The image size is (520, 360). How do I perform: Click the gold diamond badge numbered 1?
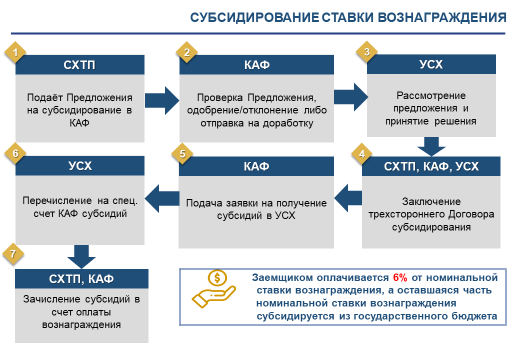pyautogui.click(x=15, y=52)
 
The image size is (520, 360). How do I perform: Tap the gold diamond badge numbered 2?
pyautogui.click(x=186, y=52)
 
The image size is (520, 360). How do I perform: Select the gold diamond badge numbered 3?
pyautogui.click(x=366, y=51)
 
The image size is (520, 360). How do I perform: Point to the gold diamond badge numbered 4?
pyautogui.click(x=362, y=154)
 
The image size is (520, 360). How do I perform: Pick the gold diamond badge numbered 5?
pyautogui.click(x=182, y=154)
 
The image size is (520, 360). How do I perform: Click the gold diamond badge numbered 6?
pyautogui.click(x=15, y=153)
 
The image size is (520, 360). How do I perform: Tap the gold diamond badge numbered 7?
pyautogui.click(x=13, y=254)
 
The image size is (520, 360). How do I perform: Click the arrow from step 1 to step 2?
pyautogui.click(x=162, y=100)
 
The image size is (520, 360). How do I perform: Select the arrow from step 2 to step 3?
pyautogui.click(x=351, y=97)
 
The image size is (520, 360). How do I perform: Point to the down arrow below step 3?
pyautogui.click(x=431, y=146)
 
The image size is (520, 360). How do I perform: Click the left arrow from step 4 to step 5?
pyautogui.click(x=348, y=198)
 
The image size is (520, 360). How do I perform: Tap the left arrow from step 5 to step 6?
pyautogui.click(x=162, y=198)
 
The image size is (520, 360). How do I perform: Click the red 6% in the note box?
pyautogui.click(x=400, y=277)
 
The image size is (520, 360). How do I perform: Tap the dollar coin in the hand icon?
pyautogui.click(x=217, y=278)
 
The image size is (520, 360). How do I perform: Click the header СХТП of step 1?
pyautogui.click(x=79, y=65)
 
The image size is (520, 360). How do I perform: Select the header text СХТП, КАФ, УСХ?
pyautogui.click(x=431, y=166)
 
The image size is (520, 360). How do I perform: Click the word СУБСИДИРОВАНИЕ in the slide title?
pyautogui.click(x=254, y=17)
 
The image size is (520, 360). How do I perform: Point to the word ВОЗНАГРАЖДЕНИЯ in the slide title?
pyautogui.click(x=442, y=17)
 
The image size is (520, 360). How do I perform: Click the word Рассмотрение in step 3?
pyautogui.click(x=431, y=96)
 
